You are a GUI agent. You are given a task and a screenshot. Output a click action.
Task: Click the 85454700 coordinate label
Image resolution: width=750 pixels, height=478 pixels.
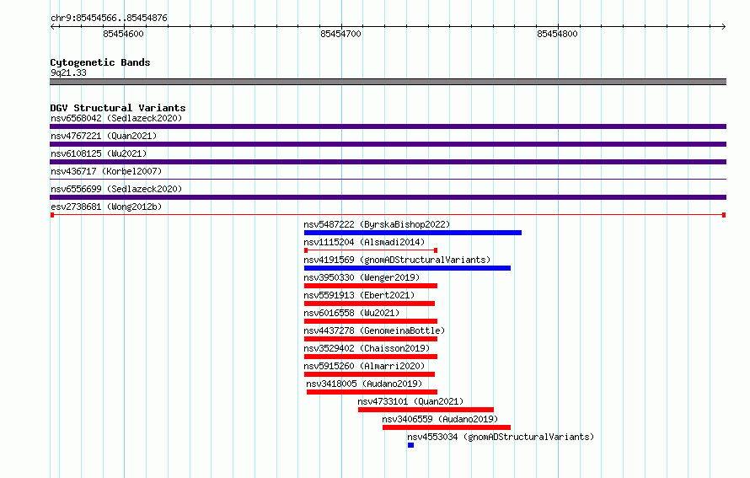pos(340,34)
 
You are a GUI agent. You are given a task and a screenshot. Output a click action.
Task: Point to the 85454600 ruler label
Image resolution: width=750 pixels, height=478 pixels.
pos(123,34)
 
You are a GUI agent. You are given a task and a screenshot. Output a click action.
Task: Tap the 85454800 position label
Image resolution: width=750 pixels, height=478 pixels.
pos(557,34)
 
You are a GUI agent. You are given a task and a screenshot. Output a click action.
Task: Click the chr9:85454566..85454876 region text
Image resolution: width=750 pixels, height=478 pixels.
pos(109,19)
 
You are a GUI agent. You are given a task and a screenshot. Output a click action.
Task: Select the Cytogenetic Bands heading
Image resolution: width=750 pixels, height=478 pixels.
pos(100,62)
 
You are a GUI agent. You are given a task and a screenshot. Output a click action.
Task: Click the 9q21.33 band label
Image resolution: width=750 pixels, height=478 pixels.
pos(68,73)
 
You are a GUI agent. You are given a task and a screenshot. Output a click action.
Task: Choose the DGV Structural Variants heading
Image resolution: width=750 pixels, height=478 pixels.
pos(118,108)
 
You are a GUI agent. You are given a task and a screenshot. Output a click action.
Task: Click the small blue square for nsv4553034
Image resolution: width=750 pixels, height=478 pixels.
pos(410,445)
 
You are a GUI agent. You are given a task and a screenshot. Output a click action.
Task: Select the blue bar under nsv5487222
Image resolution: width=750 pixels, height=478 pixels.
pos(413,233)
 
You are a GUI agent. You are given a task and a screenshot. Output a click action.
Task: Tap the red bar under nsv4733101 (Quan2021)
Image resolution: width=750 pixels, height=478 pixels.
pos(426,410)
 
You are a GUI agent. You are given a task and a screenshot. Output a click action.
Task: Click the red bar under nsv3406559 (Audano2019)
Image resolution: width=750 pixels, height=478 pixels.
pos(447,427)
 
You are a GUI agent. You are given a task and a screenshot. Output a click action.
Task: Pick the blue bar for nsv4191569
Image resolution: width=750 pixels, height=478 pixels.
pos(407,268)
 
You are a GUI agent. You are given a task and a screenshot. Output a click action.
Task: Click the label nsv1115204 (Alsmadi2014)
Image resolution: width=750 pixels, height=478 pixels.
pos(364,242)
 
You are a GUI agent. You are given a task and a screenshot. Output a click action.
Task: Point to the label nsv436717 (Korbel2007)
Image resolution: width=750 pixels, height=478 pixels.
pos(106,171)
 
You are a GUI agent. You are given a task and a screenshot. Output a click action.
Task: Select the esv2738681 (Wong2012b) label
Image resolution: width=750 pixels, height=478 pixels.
pos(106,207)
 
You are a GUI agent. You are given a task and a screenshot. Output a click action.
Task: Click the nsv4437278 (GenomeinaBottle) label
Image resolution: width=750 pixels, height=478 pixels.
pos(374,330)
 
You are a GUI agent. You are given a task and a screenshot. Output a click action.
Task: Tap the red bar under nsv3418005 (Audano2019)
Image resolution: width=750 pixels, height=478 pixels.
pos(372,392)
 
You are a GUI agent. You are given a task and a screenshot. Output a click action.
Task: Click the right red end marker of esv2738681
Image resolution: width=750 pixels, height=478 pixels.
pos(724,215)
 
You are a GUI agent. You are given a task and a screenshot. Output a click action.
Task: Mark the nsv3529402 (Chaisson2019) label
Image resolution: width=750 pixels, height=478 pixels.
pos(367,348)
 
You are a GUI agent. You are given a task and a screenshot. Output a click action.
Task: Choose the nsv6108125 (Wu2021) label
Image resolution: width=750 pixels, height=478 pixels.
pos(99,153)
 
